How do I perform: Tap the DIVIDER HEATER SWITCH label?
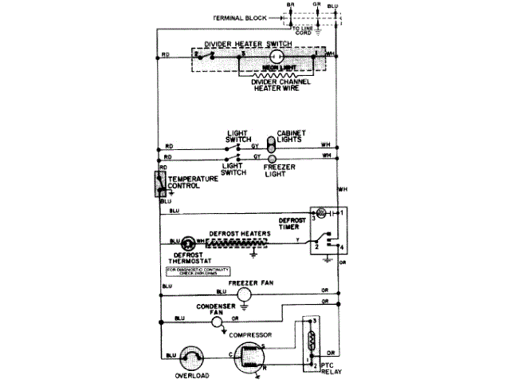[x=245, y=44]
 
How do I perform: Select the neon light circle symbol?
[x=276, y=57]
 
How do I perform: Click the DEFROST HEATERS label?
[x=238, y=234]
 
